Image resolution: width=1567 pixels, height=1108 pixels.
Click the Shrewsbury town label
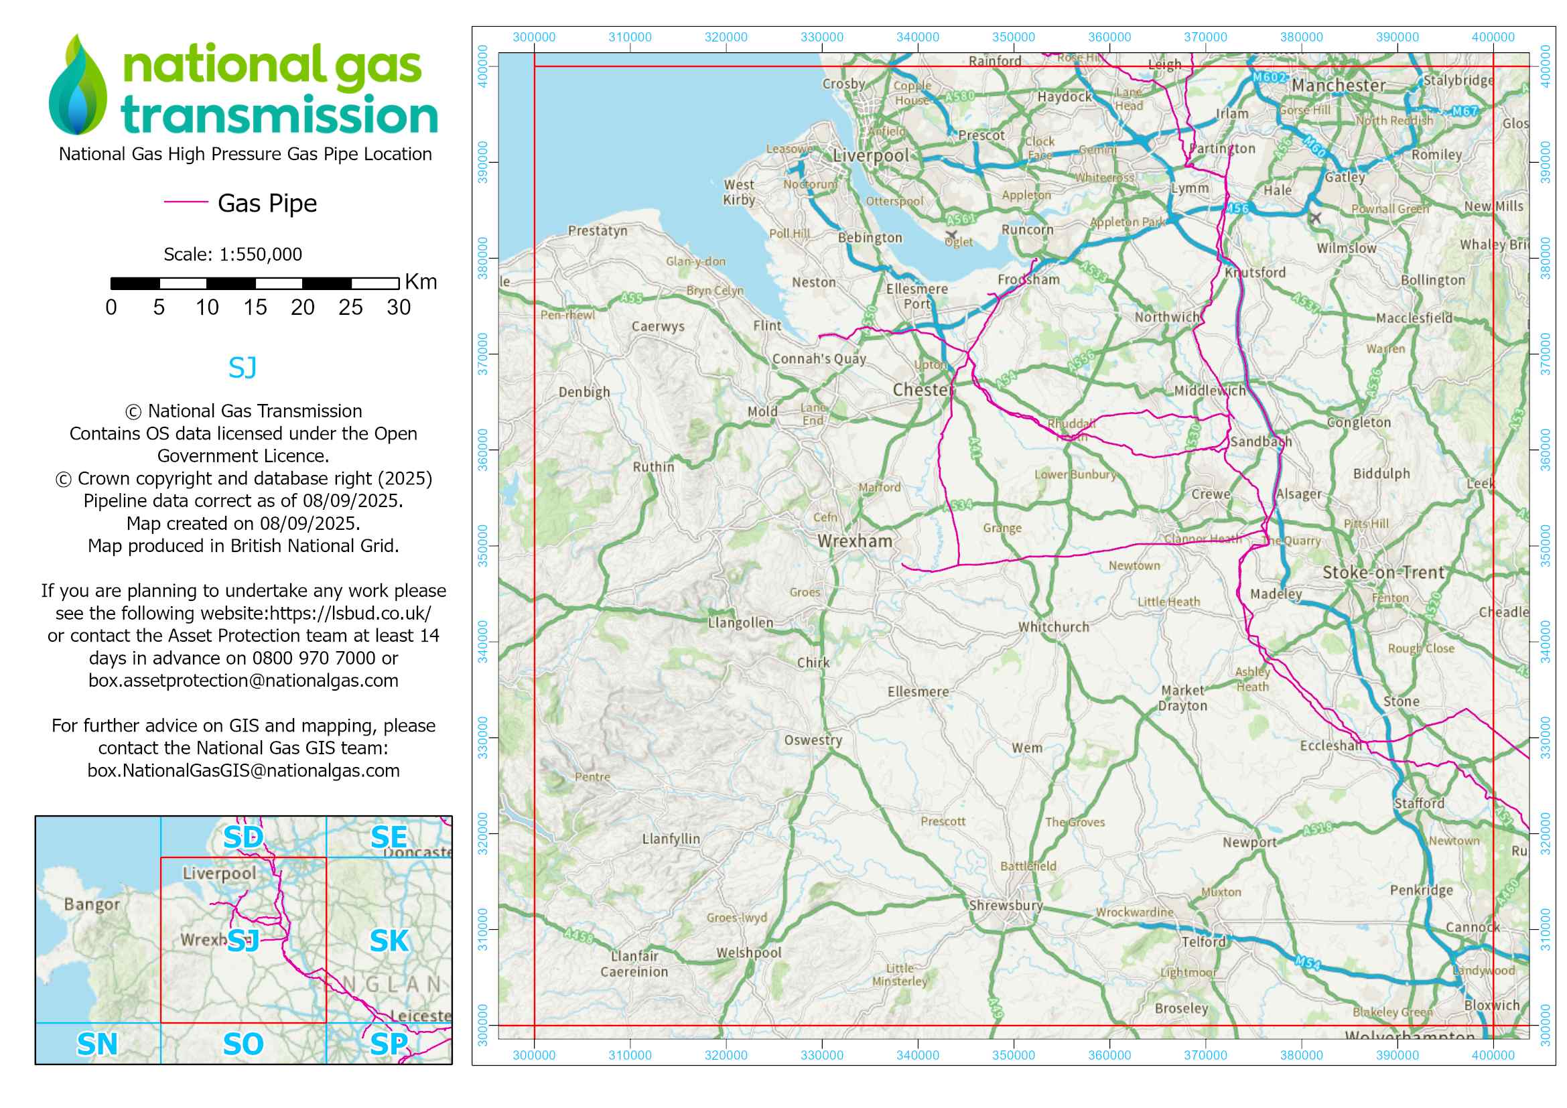pos(1006,906)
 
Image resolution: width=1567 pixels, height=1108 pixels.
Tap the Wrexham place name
pos(854,542)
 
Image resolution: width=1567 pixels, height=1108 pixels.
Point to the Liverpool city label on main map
pos(870,156)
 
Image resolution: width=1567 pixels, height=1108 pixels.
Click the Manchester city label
pos(1338,86)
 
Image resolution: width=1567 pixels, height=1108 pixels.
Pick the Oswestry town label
pos(812,740)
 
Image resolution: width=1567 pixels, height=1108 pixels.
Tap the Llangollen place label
pos(740,623)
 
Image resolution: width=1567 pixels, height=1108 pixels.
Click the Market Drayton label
pos(1182,698)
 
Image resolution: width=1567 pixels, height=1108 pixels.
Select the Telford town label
pos(1203,943)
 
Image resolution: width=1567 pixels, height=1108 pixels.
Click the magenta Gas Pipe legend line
pos(186,202)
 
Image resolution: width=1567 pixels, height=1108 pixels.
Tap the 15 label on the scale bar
pos(255,307)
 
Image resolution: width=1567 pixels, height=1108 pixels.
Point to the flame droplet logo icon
pos(78,85)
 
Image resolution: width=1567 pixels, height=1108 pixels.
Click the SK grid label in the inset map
pos(389,941)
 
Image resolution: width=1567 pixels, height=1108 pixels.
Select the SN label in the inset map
pos(97,1044)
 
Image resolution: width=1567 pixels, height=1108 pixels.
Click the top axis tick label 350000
pos(1013,38)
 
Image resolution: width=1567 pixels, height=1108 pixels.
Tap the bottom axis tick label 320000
pos(726,1056)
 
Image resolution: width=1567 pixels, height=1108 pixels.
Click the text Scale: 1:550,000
pos(232,255)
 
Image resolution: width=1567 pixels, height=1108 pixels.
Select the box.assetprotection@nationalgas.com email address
pos(243,681)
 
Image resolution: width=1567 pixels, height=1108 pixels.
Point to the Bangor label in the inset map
pos(92,904)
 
